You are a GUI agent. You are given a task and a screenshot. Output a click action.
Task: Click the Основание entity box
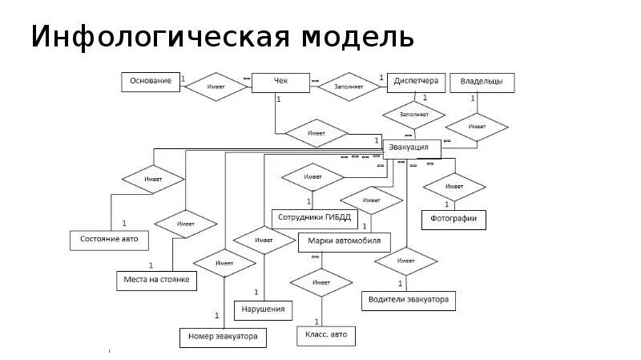pyautogui.click(x=151, y=82)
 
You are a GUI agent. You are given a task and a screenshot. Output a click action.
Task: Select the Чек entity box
pyautogui.click(x=280, y=82)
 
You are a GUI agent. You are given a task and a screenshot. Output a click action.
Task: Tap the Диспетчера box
pyautogui.click(x=416, y=82)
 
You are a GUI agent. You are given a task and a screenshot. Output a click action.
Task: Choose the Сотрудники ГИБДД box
pyautogui.click(x=311, y=216)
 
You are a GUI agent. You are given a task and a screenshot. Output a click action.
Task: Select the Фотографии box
pyautogui.click(x=454, y=217)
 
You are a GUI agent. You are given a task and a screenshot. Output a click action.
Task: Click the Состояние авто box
pyautogui.click(x=109, y=239)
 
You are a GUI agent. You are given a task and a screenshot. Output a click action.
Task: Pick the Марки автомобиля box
pyautogui.click(x=345, y=241)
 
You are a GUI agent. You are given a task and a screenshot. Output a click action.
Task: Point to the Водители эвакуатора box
pyautogui.click(x=407, y=301)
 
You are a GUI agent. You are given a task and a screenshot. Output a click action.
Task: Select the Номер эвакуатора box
pyautogui.click(x=223, y=338)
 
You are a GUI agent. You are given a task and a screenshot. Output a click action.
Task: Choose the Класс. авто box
pyautogui.click(x=326, y=334)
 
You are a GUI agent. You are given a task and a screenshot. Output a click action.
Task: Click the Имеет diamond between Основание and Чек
pyautogui.click(x=216, y=87)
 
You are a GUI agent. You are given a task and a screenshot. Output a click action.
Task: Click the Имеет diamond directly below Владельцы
pyautogui.click(x=477, y=127)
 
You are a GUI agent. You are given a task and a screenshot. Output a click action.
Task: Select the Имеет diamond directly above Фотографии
pyautogui.click(x=454, y=187)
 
